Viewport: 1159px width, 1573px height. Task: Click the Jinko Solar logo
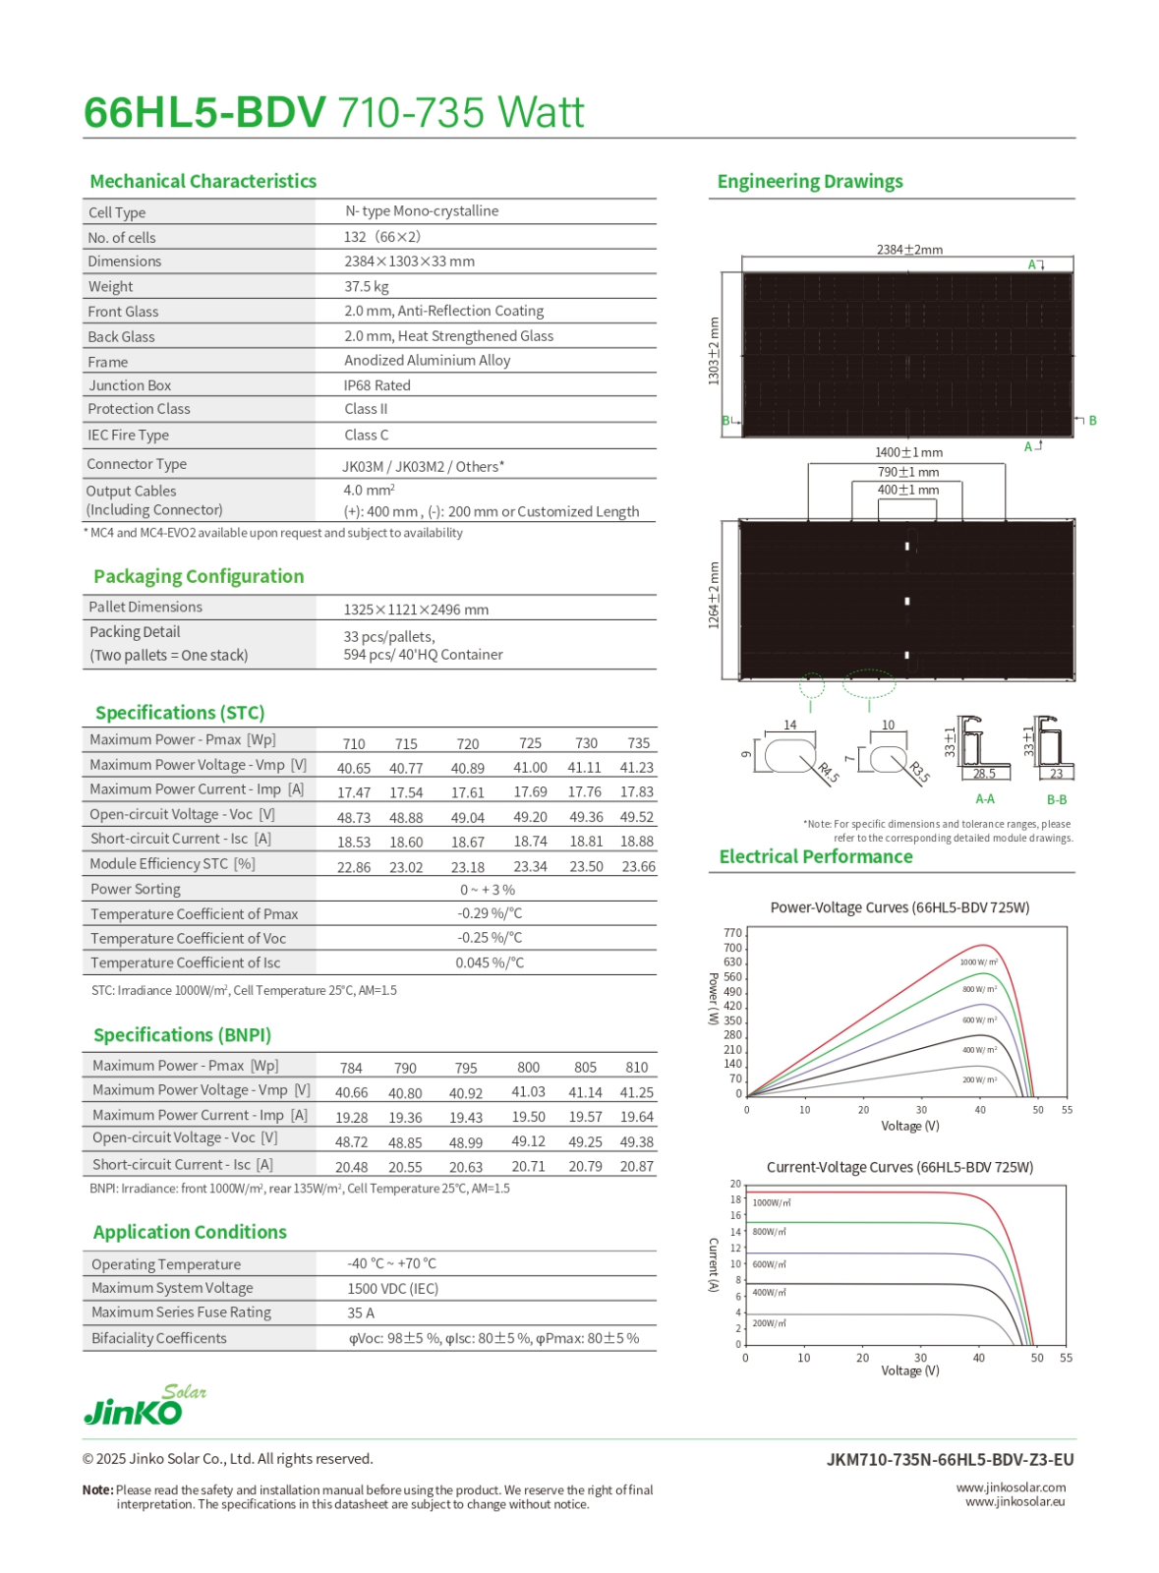click(x=144, y=1405)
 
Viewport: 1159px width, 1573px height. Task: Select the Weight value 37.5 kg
click(x=367, y=286)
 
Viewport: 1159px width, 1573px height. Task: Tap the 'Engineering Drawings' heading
click(x=809, y=182)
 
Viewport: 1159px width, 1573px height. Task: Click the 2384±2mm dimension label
click(x=909, y=250)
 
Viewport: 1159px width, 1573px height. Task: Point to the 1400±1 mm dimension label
click(x=908, y=452)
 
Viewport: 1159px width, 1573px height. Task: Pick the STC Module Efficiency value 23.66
click(x=638, y=866)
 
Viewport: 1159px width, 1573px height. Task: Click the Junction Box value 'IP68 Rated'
click(x=377, y=385)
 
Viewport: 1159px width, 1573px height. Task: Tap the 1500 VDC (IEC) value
click(x=392, y=1288)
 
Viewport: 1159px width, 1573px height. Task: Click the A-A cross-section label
click(x=984, y=799)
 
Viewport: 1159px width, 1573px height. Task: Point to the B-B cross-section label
click(x=1056, y=800)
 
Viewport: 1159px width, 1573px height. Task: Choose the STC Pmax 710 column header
click(x=354, y=744)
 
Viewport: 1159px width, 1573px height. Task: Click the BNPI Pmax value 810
click(x=636, y=1067)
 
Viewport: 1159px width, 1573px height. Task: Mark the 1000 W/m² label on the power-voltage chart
click(x=978, y=961)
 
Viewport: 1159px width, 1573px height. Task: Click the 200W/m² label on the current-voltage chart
click(x=769, y=1323)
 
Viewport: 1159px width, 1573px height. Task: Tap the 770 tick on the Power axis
click(x=732, y=933)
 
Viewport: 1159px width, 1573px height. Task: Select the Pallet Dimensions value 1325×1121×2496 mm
click(x=416, y=610)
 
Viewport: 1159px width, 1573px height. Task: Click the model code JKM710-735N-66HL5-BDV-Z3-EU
click(x=950, y=1460)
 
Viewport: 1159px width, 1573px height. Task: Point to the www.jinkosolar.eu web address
click(x=1014, y=1501)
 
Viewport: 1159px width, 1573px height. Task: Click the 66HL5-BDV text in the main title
click(x=204, y=113)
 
